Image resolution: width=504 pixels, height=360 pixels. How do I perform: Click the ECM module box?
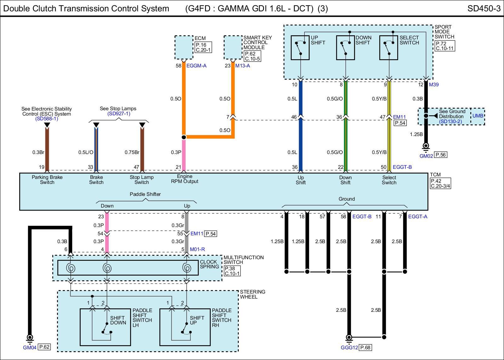click(184, 47)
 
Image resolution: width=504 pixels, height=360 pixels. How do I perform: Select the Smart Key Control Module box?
click(233, 47)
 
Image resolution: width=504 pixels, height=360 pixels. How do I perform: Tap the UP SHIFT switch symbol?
click(300, 48)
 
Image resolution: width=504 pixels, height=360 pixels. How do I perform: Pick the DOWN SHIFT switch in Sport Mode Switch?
click(345, 48)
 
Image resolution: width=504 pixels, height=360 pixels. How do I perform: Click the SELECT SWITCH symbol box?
click(389, 48)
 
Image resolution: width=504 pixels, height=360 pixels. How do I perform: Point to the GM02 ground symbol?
click(426, 147)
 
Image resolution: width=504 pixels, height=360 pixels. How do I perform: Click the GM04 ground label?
click(30, 348)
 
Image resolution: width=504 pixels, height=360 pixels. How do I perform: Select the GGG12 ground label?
click(349, 348)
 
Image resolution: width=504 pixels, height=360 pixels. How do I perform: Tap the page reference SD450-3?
click(484, 9)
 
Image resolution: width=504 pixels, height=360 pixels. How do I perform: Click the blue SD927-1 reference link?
click(119, 114)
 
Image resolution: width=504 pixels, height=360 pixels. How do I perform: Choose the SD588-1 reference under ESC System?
click(47, 118)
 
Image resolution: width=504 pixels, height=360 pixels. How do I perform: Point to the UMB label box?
click(478, 116)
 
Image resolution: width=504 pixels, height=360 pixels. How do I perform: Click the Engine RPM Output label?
click(185, 179)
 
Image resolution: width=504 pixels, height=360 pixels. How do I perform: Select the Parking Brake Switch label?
click(47, 180)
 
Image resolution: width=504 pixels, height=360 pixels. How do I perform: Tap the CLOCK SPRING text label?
click(209, 264)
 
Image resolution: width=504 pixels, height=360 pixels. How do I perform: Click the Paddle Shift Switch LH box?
click(105, 327)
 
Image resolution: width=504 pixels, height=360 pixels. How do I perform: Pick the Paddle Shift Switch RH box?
click(185, 327)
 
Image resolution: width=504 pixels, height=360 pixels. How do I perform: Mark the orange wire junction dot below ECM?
click(184, 137)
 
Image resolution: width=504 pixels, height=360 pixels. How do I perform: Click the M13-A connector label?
click(243, 66)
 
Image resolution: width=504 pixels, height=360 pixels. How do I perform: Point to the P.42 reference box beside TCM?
click(440, 184)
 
